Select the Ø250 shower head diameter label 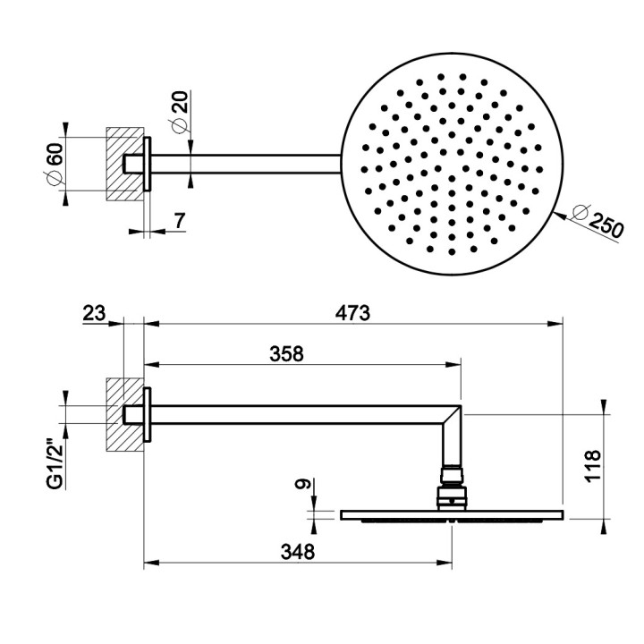tap(596, 222)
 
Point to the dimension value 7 tap(179, 220)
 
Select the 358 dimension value tap(287, 353)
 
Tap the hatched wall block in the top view tap(123, 163)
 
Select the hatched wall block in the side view tap(123, 413)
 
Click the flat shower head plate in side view tap(452, 514)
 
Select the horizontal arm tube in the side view tap(295, 413)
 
